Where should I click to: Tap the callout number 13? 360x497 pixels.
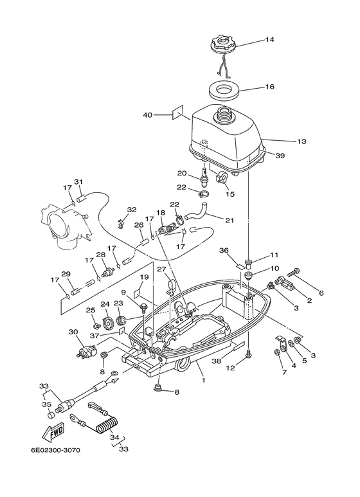[x=283, y=140]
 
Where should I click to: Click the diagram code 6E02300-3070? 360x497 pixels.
[x=54, y=450]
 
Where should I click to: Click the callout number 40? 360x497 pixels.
[x=148, y=115]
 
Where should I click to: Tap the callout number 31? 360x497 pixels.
[x=78, y=181]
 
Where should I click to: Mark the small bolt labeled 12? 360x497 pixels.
[x=249, y=352]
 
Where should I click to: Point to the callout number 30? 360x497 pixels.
[x=73, y=332]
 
